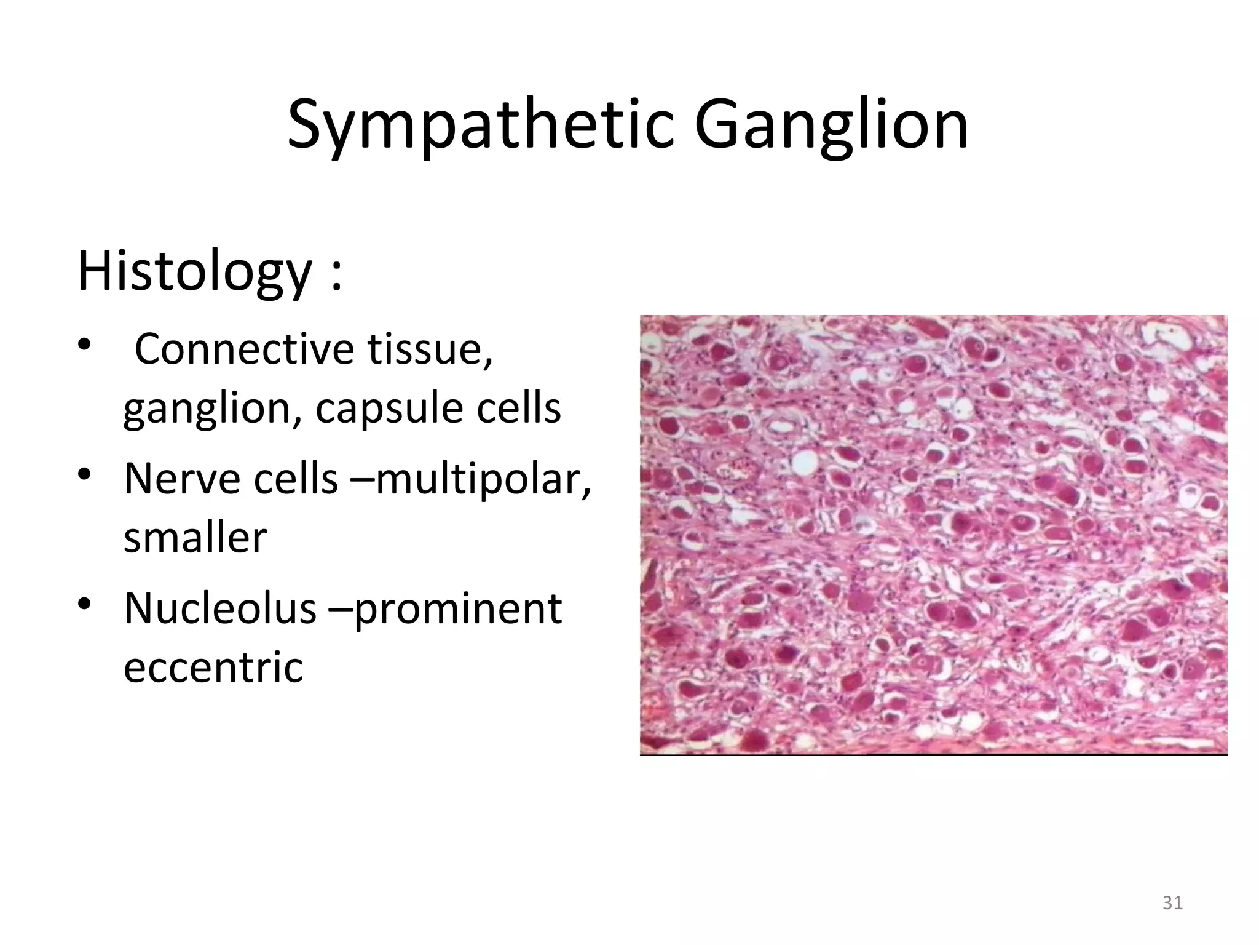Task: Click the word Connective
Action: [244, 348]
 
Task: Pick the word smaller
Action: [195, 538]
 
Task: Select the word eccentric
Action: [213, 667]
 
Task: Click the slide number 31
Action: [1172, 903]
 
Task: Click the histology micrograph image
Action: [933, 535]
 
